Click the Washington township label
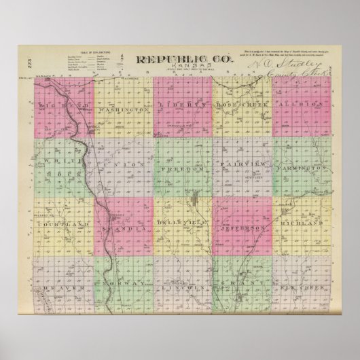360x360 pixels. pyautogui.click(x=123, y=109)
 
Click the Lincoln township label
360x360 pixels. pyautogui.click(x=182, y=287)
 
